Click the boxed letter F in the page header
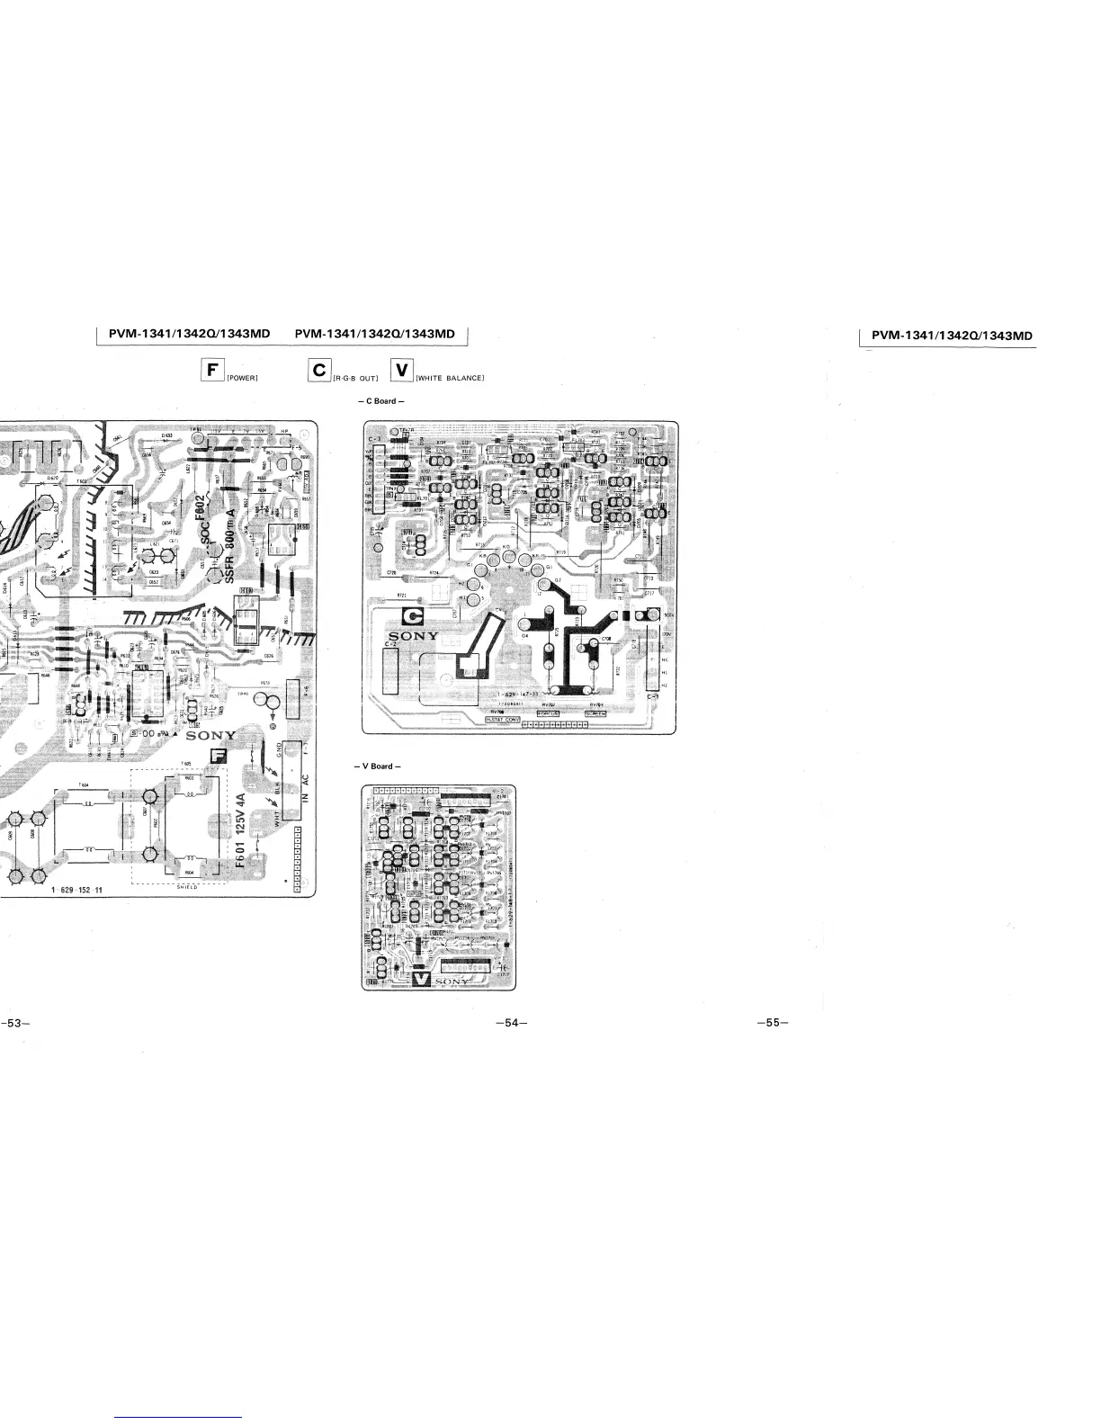coord(213,371)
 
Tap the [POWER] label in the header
coord(243,377)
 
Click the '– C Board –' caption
coord(381,400)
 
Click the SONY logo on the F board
coord(210,736)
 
